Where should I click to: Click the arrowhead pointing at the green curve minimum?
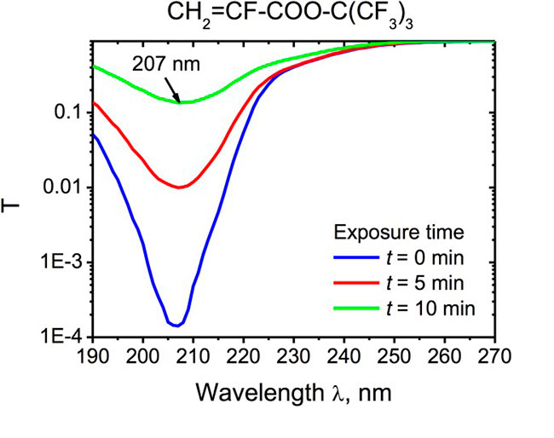(180, 100)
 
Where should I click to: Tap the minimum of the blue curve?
(176, 325)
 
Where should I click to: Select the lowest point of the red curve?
(178, 187)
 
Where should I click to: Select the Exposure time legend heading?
(401, 233)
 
